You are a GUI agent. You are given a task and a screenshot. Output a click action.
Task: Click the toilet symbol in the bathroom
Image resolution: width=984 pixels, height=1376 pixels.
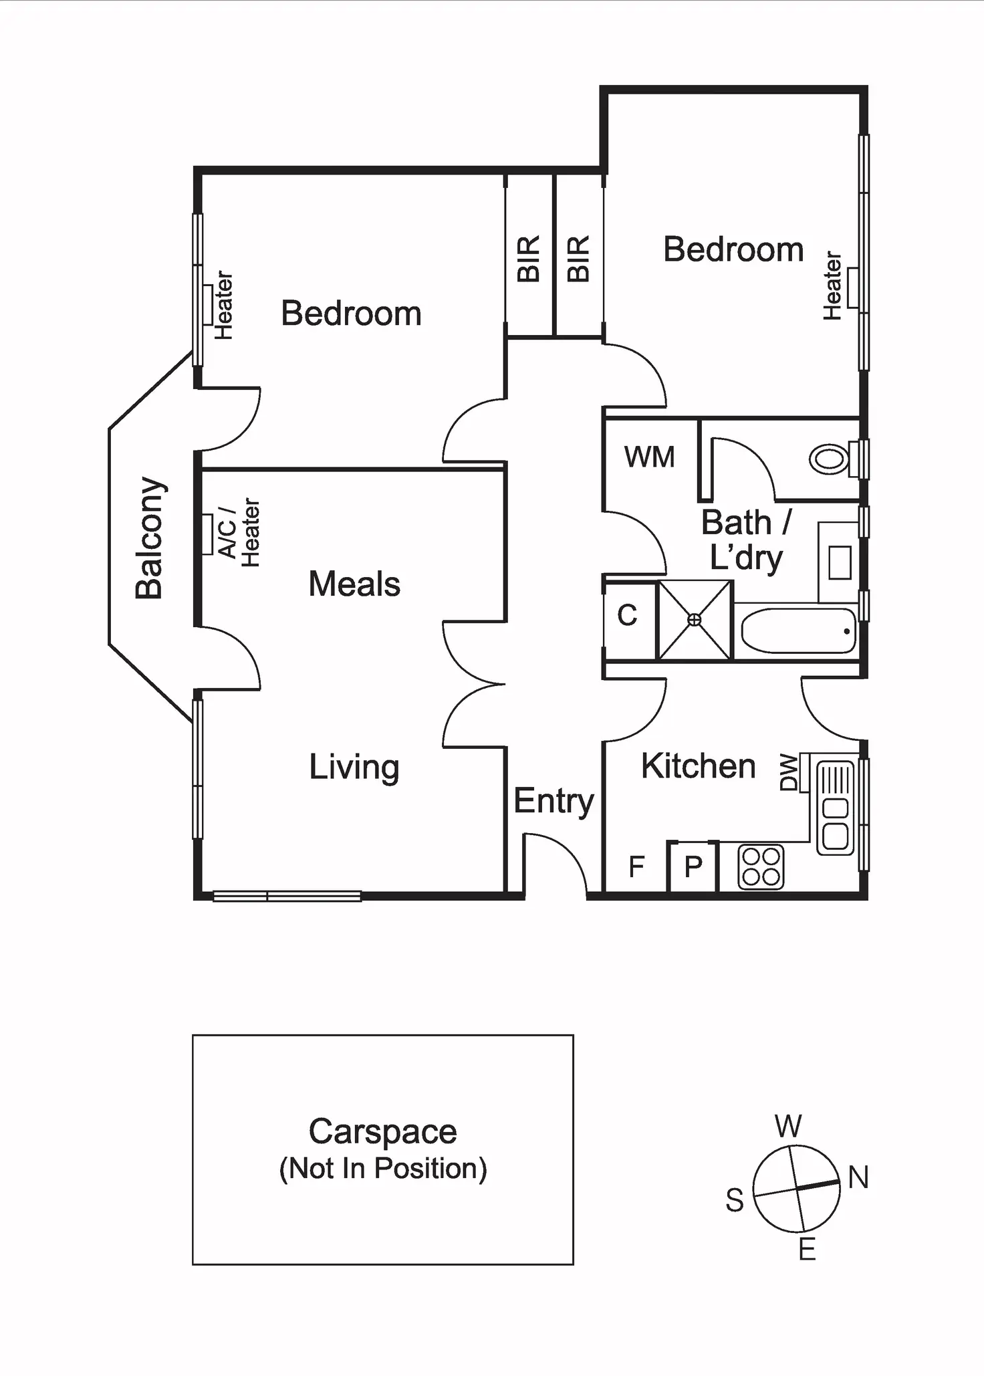click(830, 459)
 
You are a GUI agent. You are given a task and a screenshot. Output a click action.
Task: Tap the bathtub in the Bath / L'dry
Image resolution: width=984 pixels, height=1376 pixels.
click(798, 630)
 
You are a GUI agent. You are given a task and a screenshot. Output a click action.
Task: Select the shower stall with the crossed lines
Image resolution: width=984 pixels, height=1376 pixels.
click(695, 620)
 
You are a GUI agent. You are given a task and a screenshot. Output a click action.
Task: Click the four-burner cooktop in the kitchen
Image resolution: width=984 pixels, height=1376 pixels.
click(761, 867)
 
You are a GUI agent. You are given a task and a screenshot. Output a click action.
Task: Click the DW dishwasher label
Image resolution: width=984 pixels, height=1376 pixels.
click(789, 772)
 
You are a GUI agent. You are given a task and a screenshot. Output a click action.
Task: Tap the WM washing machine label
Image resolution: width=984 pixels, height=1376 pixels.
click(649, 457)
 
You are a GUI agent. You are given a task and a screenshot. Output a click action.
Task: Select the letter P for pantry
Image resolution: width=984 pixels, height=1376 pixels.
click(693, 867)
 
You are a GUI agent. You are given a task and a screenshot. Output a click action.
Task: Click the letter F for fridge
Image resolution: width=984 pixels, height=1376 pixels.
click(636, 867)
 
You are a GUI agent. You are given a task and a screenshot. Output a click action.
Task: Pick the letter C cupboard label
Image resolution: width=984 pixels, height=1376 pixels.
click(627, 615)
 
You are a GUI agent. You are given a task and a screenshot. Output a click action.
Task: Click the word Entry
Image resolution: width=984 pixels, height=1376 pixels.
click(553, 801)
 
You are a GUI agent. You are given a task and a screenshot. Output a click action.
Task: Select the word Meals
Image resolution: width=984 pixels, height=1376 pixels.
click(354, 584)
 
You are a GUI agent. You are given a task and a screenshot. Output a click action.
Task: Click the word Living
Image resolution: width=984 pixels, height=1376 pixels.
click(354, 767)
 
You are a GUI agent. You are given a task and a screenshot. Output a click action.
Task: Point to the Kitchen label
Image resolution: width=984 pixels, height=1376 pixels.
click(698, 766)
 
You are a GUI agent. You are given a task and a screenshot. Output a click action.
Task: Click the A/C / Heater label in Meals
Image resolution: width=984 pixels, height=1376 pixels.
click(238, 533)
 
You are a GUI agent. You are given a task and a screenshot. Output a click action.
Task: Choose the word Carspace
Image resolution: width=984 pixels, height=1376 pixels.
click(382, 1132)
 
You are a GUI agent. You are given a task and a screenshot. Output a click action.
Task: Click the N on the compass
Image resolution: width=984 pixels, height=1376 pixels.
click(858, 1177)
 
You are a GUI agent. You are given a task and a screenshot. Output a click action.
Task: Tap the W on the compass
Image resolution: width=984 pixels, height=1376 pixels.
click(788, 1127)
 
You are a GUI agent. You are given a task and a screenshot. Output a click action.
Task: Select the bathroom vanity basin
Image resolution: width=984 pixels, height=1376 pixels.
click(840, 562)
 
